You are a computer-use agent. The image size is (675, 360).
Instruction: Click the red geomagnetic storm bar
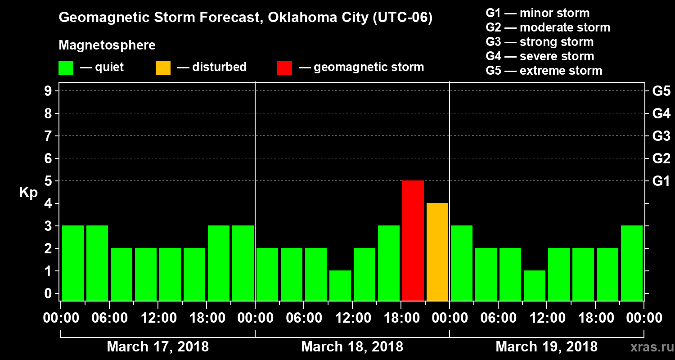[x=413, y=240]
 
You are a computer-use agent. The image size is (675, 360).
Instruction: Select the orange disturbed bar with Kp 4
[x=437, y=252]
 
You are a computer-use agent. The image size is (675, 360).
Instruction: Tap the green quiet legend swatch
[x=66, y=68]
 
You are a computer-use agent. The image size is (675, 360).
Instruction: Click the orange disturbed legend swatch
[x=163, y=68]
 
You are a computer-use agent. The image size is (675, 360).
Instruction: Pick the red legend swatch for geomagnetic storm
[x=284, y=68]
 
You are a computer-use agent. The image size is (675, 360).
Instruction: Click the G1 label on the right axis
[x=661, y=181]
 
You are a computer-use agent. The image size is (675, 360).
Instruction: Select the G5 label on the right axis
[x=661, y=91]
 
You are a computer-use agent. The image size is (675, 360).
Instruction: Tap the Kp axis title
[x=28, y=193]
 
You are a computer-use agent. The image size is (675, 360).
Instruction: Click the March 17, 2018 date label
[x=157, y=347]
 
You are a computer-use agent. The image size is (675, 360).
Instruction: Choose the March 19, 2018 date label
[x=546, y=347]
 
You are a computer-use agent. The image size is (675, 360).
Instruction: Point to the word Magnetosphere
[x=107, y=46]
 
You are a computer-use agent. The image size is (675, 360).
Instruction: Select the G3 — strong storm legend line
[x=540, y=42]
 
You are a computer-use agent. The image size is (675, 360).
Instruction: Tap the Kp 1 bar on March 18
[x=340, y=285]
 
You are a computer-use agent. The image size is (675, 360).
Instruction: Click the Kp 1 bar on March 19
[x=535, y=285]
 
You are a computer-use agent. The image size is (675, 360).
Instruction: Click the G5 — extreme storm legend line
[x=544, y=71]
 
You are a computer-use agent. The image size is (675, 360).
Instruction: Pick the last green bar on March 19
[x=632, y=263]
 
